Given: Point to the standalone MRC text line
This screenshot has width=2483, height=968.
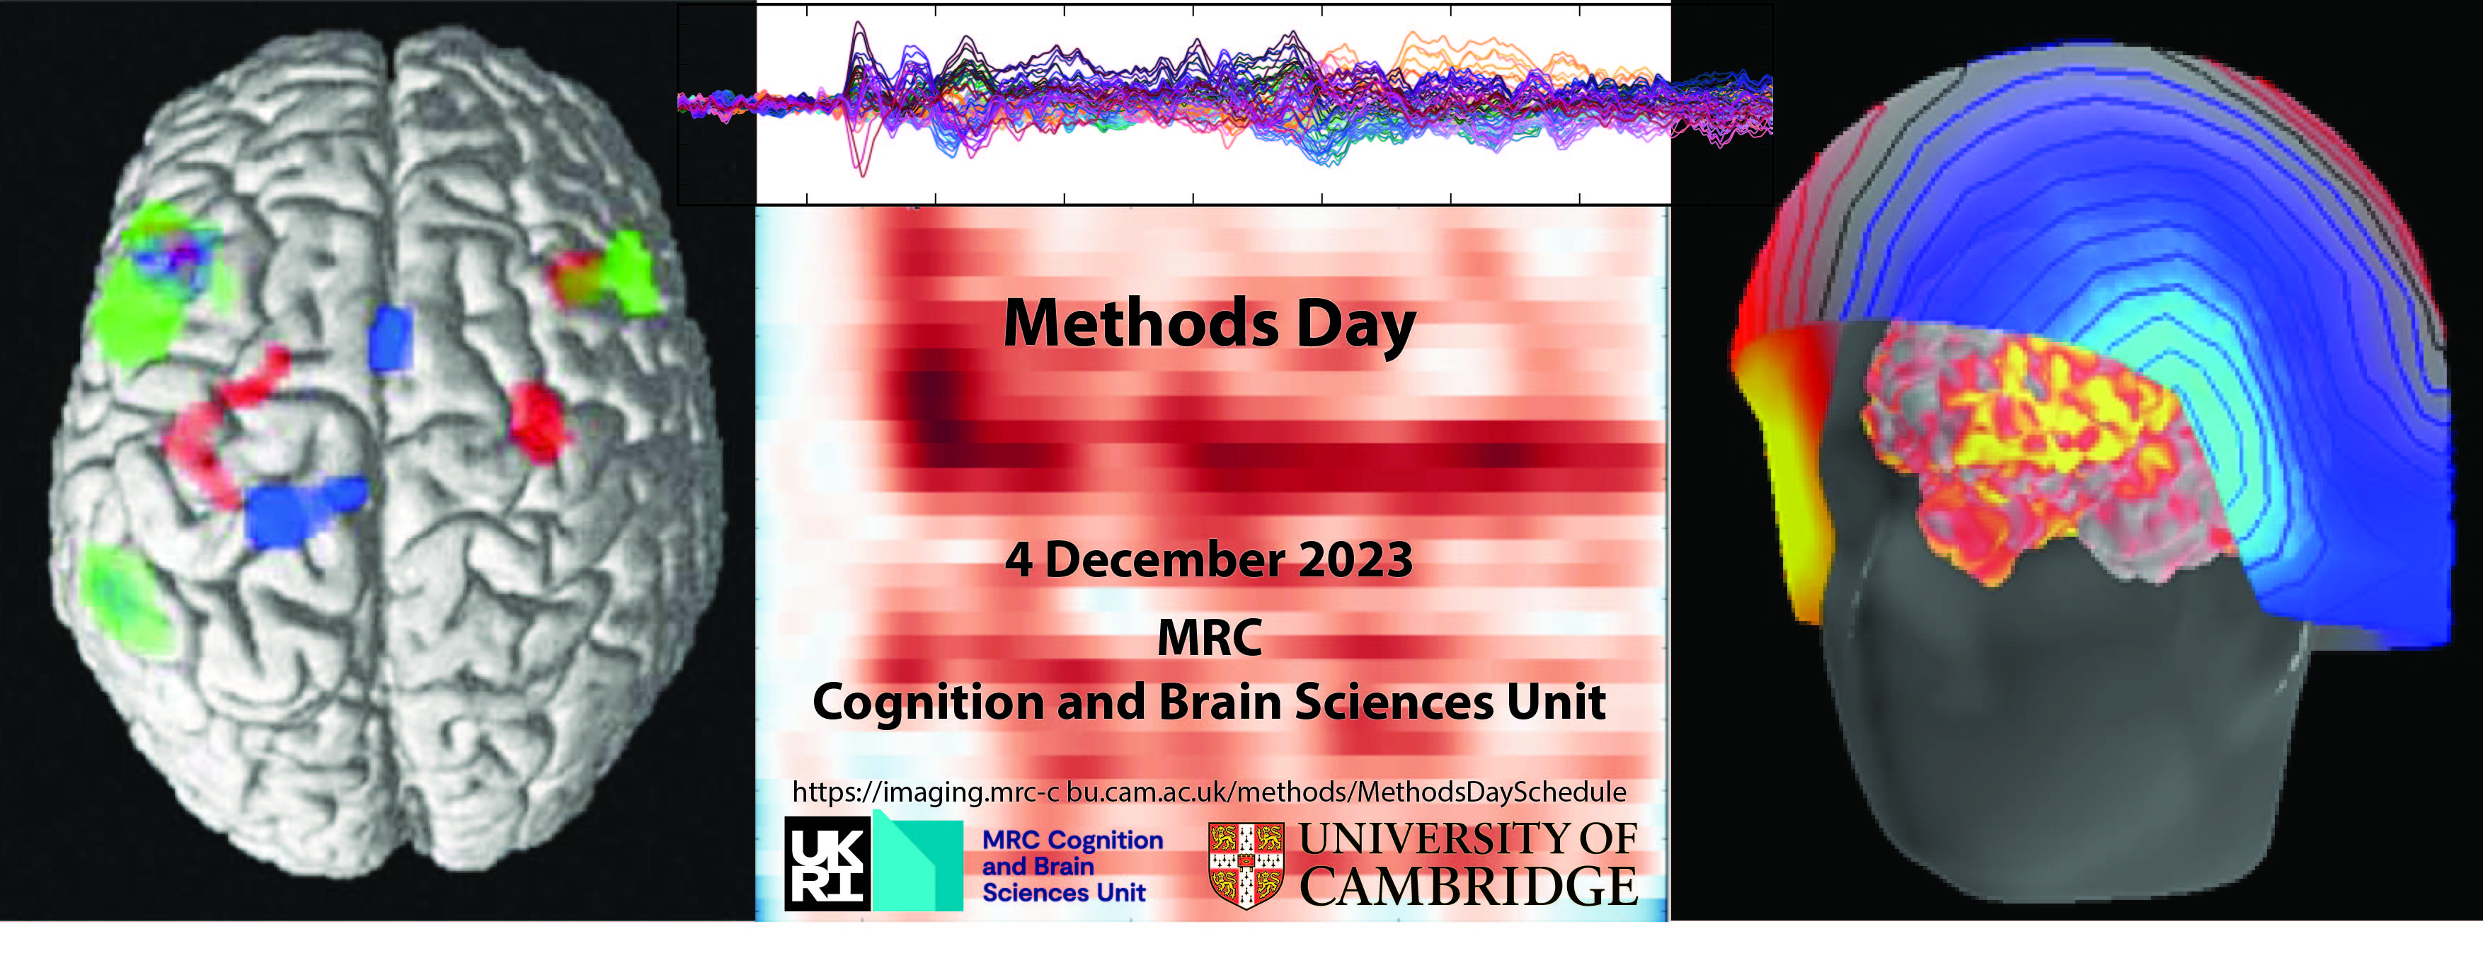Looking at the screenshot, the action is pyautogui.click(x=1210, y=638).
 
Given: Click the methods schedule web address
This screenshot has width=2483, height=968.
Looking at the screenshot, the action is pyautogui.click(x=1209, y=792).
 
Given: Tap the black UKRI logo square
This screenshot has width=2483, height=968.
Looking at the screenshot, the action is pyautogui.click(x=827, y=864).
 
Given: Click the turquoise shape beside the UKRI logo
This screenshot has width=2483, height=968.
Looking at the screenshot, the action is pyautogui.click(x=919, y=864).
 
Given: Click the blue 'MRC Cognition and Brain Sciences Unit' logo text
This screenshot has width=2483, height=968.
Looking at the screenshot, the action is pyautogui.click(x=1072, y=867).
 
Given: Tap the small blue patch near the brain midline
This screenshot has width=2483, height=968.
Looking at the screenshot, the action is pyautogui.click(x=391, y=338).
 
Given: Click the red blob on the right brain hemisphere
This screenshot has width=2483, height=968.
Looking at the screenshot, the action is pyautogui.click(x=537, y=421).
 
